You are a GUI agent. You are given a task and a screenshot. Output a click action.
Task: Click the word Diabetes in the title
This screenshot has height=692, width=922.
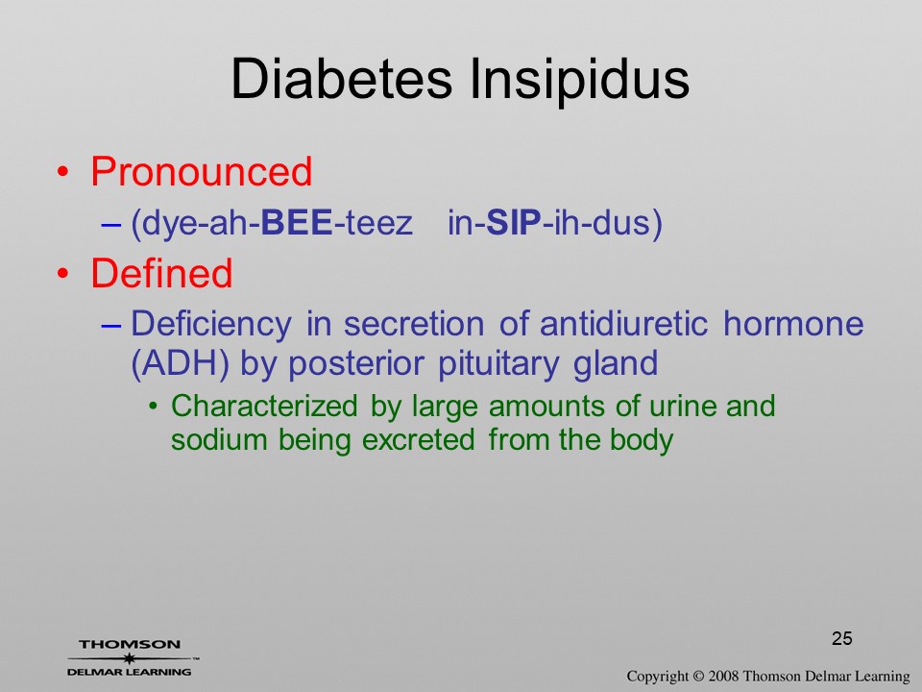point(341,79)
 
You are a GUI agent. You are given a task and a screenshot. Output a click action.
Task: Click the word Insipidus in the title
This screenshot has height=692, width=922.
point(580,80)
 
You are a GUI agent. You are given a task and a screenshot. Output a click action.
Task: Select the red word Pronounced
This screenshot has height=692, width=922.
point(201,172)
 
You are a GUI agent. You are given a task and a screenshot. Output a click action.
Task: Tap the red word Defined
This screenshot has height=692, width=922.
point(161,273)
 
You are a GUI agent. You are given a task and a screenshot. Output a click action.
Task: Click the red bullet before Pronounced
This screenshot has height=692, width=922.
point(63,172)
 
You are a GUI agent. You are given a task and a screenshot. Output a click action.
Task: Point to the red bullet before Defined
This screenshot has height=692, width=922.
point(63,273)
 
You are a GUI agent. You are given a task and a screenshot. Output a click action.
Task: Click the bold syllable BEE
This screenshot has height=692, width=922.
point(297,222)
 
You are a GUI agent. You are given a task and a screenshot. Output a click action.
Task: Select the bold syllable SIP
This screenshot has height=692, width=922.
point(514,222)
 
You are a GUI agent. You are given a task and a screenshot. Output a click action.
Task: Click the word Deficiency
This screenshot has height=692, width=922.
point(210,325)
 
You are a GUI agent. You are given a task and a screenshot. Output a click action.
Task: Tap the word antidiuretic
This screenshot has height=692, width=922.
point(623,324)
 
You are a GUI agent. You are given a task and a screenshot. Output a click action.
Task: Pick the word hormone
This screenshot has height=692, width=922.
point(793,324)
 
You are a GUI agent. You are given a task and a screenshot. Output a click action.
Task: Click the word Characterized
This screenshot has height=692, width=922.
point(263,406)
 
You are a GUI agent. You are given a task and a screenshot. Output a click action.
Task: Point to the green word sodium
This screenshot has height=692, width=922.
point(219,439)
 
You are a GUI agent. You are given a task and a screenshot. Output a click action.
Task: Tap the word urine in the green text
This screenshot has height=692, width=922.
point(683,407)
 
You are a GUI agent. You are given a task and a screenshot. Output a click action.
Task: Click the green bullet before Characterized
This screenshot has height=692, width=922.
point(153,407)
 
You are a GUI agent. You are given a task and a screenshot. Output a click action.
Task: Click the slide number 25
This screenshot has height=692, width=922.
point(842,638)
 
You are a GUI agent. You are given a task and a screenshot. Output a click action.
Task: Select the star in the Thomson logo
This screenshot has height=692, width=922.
point(129,658)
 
